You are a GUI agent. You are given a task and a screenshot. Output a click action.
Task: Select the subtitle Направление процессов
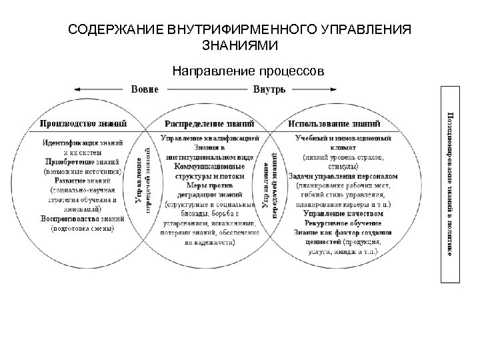click(x=248, y=69)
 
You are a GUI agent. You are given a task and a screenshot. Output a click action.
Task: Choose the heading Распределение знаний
click(x=209, y=123)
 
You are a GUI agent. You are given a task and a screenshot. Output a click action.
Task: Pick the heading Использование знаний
click(x=335, y=123)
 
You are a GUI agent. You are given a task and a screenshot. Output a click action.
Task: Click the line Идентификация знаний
click(x=83, y=143)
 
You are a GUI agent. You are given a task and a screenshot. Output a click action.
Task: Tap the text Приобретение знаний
click(x=83, y=161)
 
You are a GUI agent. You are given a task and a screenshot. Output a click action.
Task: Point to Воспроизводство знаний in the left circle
click(x=83, y=218)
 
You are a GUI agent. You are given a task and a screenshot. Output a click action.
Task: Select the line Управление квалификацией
click(x=209, y=138)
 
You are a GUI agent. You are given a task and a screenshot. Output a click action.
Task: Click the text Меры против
click(x=209, y=185)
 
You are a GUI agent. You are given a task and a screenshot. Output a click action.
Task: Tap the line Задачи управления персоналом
click(x=343, y=176)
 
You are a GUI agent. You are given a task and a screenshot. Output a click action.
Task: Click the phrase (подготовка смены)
click(x=83, y=227)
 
